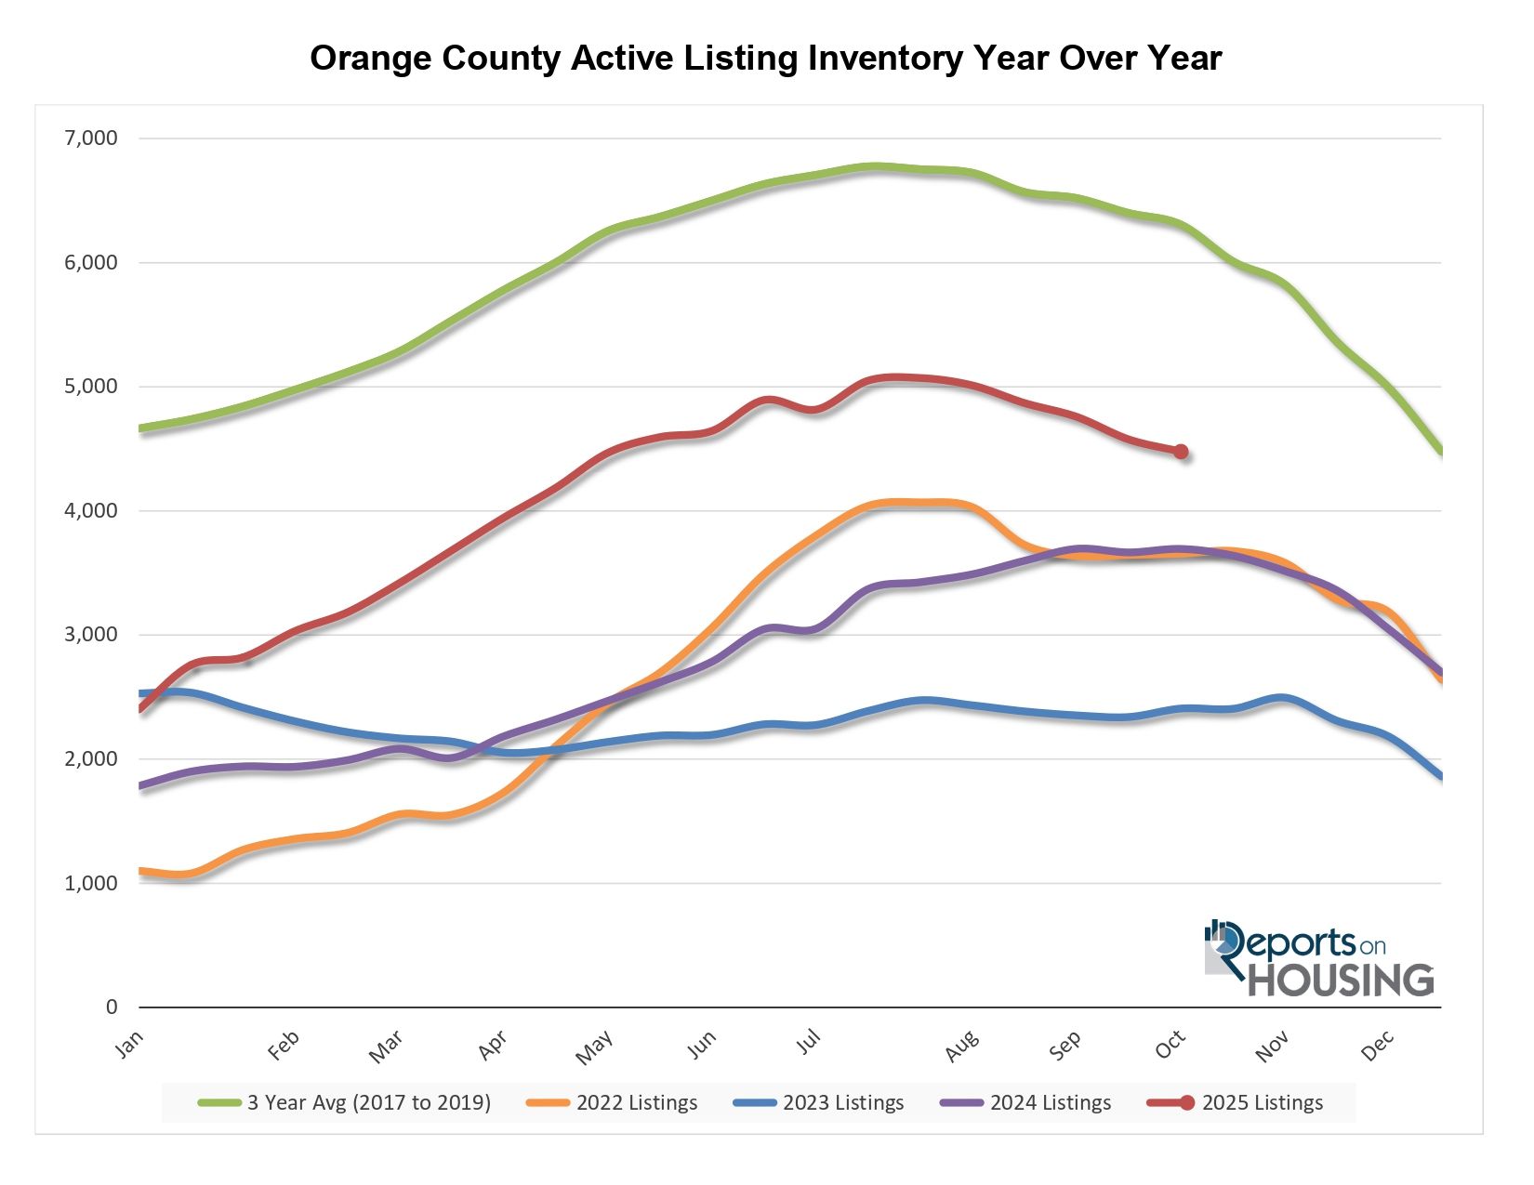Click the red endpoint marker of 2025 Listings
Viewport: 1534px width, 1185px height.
point(1181,452)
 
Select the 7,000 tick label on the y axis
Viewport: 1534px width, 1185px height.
point(91,138)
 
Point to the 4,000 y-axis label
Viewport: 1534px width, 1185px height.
point(91,510)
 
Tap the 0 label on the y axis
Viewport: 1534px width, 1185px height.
point(112,1007)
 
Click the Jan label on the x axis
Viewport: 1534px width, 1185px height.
point(129,1046)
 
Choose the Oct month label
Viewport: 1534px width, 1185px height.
point(1170,1046)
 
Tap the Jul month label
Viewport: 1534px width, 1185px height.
point(809,1043)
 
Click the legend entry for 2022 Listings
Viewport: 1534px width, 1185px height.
point(637,1103)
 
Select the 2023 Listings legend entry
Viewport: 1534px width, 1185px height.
point(843,1103)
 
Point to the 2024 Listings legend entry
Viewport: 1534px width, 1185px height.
point(1051,1103)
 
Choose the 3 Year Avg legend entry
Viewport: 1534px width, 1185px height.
point(368,1103)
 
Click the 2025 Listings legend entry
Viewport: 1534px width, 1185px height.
point(1262,1103)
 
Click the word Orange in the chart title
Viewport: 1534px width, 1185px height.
point(371,59)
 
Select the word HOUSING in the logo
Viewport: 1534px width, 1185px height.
point(1340,981)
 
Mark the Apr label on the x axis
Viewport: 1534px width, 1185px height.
point(493,1046)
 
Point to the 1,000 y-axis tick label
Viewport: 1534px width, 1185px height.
point(91,883)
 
